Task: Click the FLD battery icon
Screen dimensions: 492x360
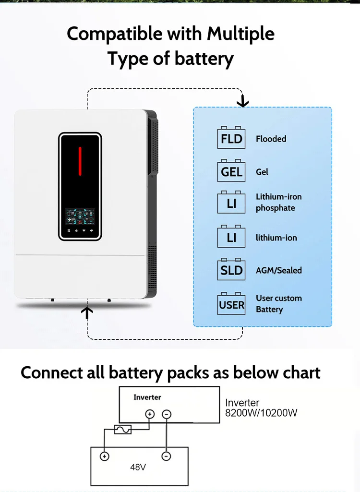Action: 231,138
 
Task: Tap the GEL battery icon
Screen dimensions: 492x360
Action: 231,171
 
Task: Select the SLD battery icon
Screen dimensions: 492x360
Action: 231,270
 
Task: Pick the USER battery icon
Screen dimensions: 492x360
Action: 231,304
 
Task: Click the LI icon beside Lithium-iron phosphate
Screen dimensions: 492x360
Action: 231,203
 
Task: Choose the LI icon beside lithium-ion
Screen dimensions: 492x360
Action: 231,237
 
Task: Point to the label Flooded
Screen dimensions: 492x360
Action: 271,139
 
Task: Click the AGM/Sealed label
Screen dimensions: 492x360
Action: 278,270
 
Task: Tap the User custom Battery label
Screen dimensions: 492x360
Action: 278,304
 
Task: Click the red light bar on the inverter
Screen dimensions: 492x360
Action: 80,161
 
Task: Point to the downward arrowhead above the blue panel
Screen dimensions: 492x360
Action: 243,101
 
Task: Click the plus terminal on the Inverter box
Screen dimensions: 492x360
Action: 150,414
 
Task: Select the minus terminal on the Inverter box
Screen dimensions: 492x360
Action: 166,414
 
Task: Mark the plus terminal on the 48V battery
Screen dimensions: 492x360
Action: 104,456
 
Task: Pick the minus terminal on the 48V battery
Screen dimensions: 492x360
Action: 166,456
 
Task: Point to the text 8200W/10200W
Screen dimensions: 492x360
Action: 261,413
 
